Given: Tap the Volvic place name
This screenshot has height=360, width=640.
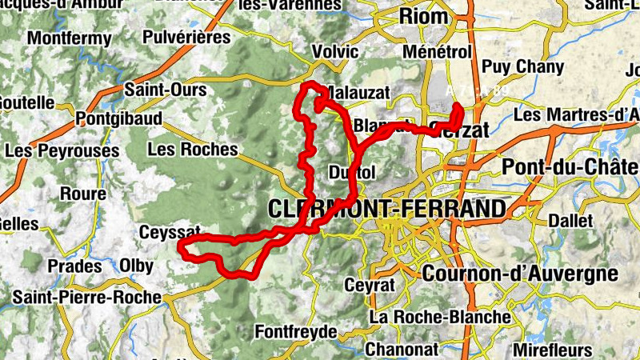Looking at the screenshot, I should click(335, 51).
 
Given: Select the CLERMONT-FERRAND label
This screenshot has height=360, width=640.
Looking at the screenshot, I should click(388, 210).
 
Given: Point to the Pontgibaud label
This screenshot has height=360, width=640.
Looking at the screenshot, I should click(118, 119).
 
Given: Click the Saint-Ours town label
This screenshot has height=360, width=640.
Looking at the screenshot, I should click(166, 90).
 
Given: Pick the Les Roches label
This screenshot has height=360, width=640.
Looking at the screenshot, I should click(193, 149).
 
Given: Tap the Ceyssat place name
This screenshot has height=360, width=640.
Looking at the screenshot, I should click(168, 233).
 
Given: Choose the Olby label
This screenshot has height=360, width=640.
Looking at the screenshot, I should click(137, 266).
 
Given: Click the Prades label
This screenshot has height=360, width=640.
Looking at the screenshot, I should click(75, 266).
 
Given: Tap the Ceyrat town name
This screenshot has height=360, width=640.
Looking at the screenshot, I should click(370, 285).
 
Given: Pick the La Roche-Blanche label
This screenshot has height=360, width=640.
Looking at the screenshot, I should click(439, 317).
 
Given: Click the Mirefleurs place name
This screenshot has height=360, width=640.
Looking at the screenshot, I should click(553, 350).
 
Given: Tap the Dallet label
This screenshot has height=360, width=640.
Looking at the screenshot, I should click(571, 221).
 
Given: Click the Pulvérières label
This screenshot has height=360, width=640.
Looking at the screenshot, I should click(186, 37).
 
